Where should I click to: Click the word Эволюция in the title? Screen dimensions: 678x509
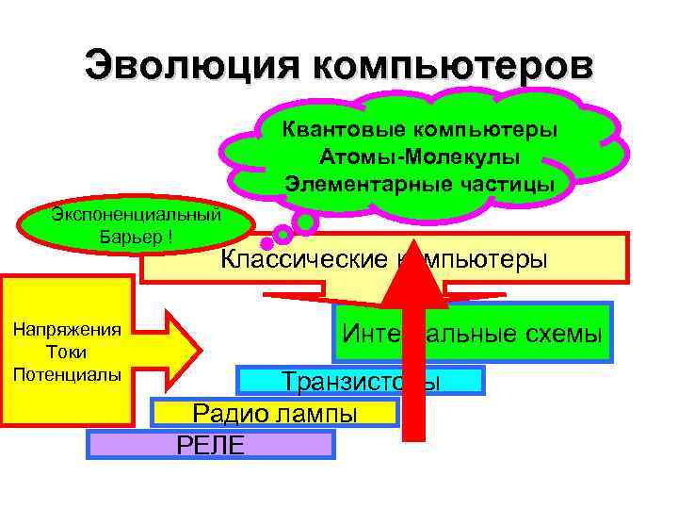click(x=189, y=67)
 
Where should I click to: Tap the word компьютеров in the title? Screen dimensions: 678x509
click(x=448, y=67)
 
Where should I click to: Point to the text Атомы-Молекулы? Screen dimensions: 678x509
click(x=419, y=156)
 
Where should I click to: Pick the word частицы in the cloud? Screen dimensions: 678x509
click(x=507, y=183)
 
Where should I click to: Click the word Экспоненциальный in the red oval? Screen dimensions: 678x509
click(x=137, y=214)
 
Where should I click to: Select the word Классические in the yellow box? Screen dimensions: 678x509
click(x=302, y=259)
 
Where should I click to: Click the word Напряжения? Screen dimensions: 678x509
click(x=66, y=330)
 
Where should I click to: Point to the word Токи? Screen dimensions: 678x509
click(x=66, y=352)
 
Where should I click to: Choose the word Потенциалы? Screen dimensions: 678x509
click(x=67, y=373)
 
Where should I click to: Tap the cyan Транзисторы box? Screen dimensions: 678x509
click(x=360, y=381)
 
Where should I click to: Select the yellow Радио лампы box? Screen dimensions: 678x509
click(x=275, y=413)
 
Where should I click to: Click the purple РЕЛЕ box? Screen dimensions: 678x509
click(x=210, y=444)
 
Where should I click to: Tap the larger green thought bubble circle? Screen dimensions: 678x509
click(x=304, y=222)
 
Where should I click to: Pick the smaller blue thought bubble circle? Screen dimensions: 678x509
click(x=282, y=234)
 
